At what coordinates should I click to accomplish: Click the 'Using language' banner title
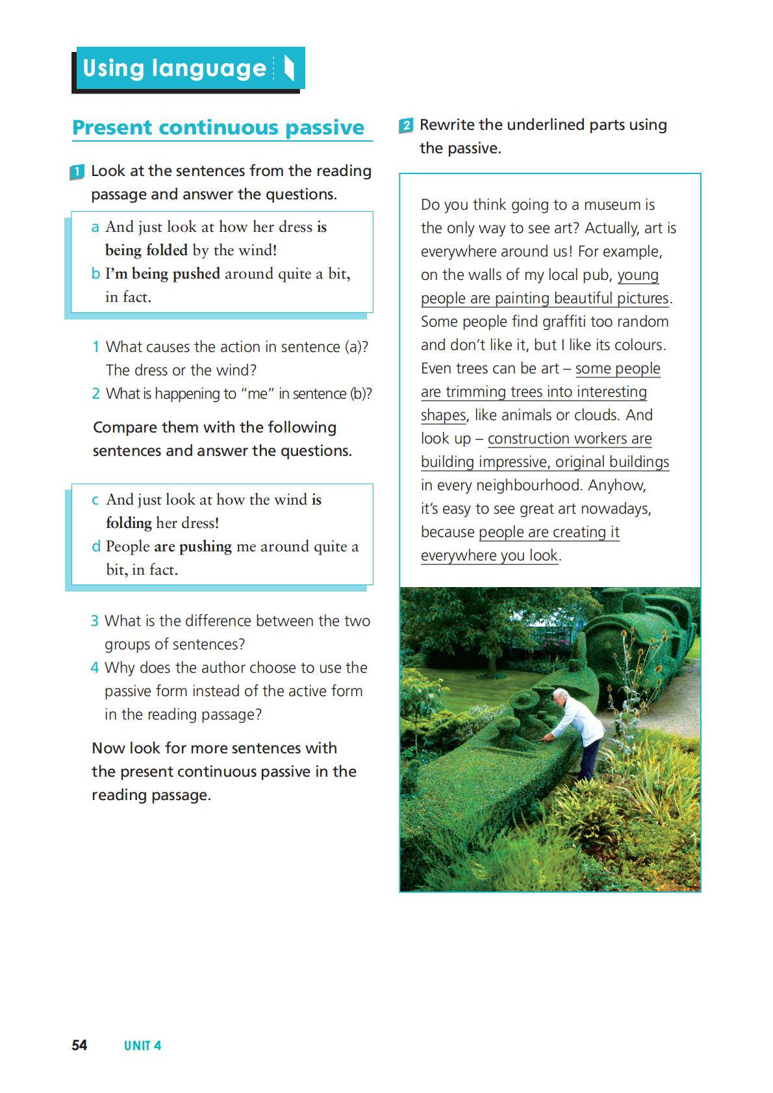pos(174,68)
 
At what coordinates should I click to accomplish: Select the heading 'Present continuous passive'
pos(218,127)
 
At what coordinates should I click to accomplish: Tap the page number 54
pos(79,1045)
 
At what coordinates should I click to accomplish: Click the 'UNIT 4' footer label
pos(142,1046)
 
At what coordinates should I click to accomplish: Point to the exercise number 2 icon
pos(406,125)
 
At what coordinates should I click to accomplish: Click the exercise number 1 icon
pos(77,172)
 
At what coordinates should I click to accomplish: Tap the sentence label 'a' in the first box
pos(95,227)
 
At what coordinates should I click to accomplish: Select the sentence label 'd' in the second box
pos(96,547)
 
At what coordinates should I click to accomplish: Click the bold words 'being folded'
pos(146,251)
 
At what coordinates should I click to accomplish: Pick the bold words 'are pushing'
pos(192,547)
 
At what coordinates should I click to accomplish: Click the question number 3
pos(95,621)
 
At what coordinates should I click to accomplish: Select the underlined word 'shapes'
pos(444,416)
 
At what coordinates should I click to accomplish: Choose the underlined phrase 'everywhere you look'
pos(489,556)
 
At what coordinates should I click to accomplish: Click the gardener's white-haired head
pos(559,696)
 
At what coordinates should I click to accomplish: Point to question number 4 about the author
pos(95,668)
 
